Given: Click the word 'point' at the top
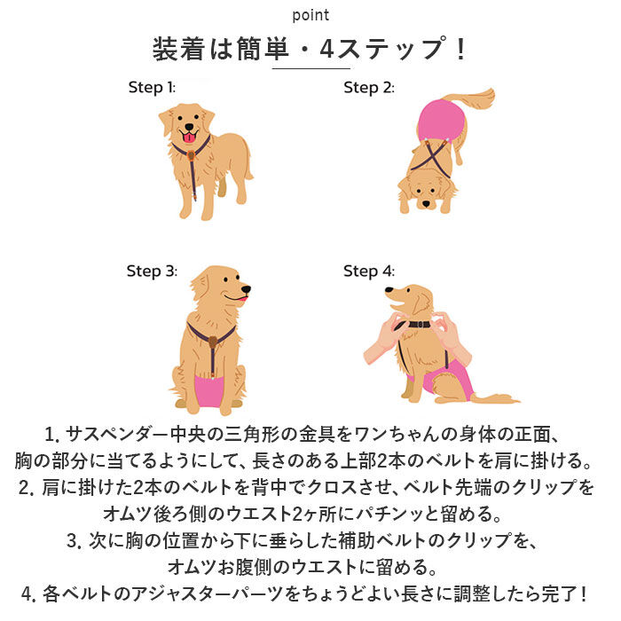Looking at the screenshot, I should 310,15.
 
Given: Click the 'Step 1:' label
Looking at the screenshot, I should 152,87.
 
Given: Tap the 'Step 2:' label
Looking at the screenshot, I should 368,87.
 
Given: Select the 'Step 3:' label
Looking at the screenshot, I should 152,271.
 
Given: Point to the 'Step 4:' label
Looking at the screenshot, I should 368,271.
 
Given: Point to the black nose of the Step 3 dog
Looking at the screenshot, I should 246,289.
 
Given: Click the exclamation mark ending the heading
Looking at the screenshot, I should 460,49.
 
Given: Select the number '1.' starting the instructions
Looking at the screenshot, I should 51,436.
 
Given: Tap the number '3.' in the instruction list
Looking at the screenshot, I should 74,540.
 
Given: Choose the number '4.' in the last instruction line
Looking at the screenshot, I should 26,593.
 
